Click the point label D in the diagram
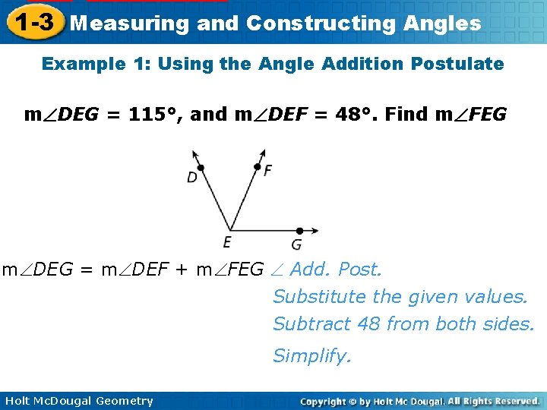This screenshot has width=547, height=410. coord(192,178)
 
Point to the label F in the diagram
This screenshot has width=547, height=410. coord(267,170)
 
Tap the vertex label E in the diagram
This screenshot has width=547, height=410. coord(227,242)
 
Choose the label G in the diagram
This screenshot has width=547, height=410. coord(296,244)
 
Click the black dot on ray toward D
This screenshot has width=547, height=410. coord(200,168)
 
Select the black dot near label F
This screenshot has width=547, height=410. coord(258,167)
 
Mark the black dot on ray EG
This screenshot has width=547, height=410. coord(299,230)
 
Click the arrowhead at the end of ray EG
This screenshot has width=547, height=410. coord(315,230)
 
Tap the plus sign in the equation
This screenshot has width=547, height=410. coord(182,270)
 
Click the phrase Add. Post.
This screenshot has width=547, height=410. coord(337,270)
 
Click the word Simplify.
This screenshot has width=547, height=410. coord(312,355)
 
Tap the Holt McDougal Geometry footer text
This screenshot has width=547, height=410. coord(79,401)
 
